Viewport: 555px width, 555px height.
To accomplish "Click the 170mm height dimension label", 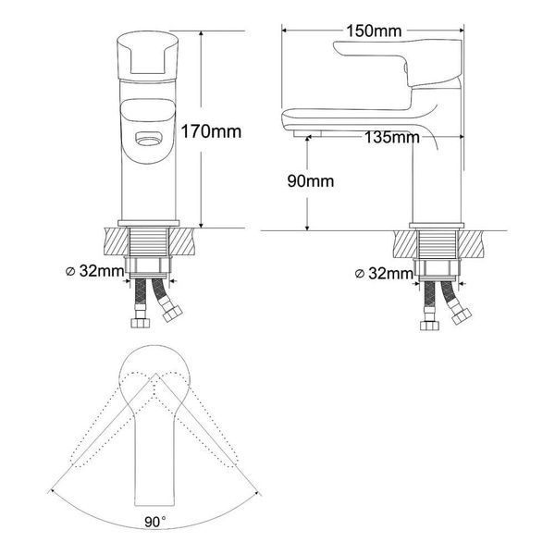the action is point(211,131).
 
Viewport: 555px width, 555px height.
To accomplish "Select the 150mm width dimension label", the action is point(374,31).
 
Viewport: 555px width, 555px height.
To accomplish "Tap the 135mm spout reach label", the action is point(392,137).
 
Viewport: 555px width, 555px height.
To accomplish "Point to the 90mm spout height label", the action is point(311,181).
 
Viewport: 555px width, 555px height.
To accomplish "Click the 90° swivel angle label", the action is point(155,522).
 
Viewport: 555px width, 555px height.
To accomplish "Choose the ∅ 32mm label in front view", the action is point(95,271).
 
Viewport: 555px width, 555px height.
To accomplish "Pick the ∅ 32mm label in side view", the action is point(384,274).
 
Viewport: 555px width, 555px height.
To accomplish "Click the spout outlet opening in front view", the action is point(149,138).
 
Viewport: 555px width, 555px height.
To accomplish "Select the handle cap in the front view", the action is point(148,55).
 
